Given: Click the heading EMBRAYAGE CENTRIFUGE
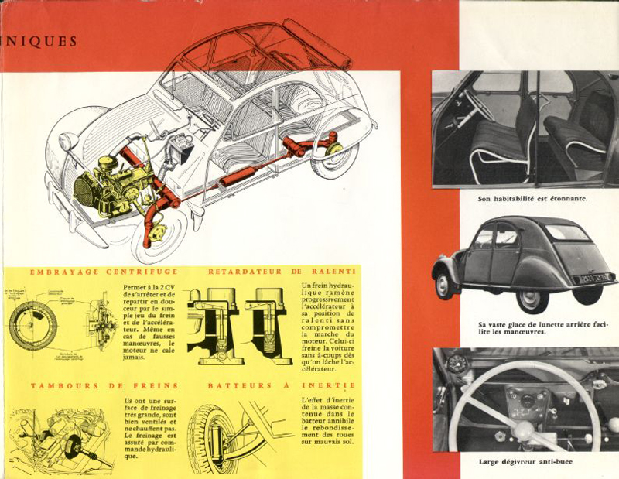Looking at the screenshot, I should click(104, 272).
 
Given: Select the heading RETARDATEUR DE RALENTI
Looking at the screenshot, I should click(282, 272).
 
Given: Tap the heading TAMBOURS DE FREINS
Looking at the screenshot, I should click(104, 385).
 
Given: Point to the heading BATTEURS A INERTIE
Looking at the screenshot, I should click(282, 385).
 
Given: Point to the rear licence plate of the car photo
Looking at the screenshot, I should click(593, 276).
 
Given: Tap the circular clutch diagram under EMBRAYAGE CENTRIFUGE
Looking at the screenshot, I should click(34, 324).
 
